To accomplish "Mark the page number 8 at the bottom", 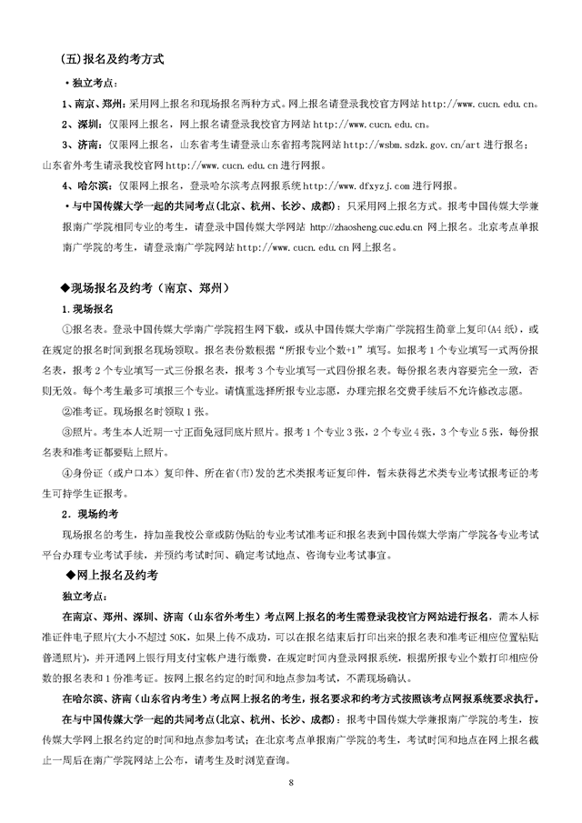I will [291, 782].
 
